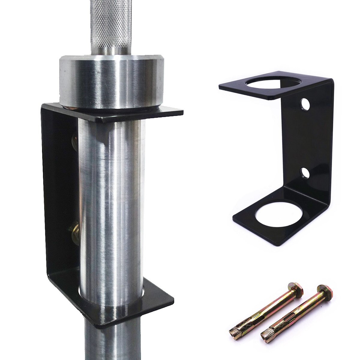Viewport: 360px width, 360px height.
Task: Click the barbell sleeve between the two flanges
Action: point(111,195)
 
